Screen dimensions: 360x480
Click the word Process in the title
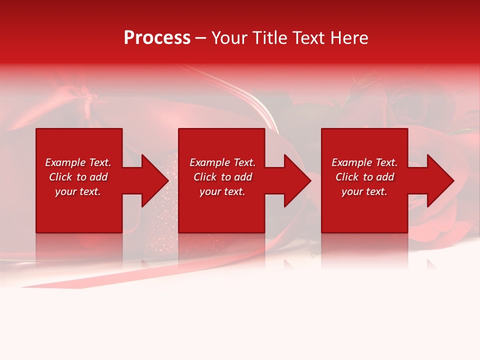(x=157, y=38)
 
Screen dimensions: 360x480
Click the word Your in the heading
(x=230, y=38)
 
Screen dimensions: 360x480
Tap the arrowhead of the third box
(x=439, y=180)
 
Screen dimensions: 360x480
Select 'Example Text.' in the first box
(x=78, y=162)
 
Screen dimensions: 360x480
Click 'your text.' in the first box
(x=78, y=191)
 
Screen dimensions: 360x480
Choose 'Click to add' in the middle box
(x=222, y=177)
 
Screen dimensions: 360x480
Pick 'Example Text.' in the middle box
(x=222, y=162)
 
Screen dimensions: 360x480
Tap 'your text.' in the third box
(x=364, y=191)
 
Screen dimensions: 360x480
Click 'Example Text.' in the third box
(x=364, y=162)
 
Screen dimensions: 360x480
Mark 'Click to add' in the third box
(x=364, y=177)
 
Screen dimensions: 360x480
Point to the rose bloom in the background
(x=407, y=105)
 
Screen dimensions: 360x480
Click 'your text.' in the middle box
(x=222, y=191)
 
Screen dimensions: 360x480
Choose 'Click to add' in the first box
(x=78, y=177)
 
